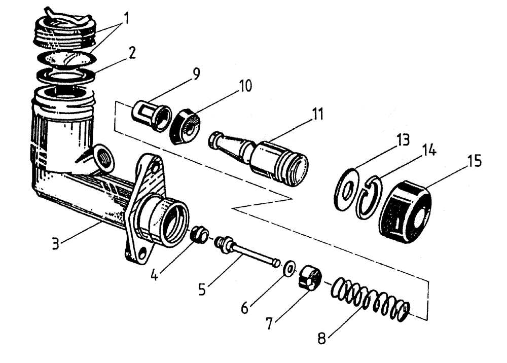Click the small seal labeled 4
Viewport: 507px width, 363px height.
click(199, 235)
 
